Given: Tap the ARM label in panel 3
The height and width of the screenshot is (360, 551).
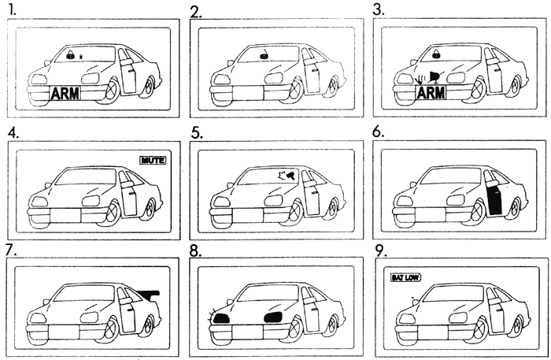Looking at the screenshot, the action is coord(431,94).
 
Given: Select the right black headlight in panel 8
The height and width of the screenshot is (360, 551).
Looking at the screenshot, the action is coord(273,317).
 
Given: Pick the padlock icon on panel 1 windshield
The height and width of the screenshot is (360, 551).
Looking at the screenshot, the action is coord(70,57).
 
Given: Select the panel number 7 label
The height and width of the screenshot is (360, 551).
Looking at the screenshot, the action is coord(9,251).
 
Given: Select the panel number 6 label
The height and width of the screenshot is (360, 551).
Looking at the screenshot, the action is coord(383,133).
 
